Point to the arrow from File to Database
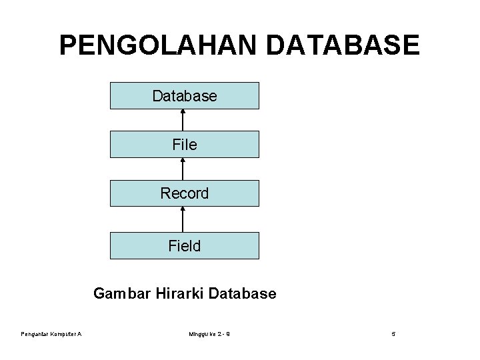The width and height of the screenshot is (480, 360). pyautogui.click(x=183, y=121)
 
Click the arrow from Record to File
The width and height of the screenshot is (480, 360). pyautogui.click(x=183, y=169)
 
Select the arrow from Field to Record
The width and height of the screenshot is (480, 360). pyautogui.click(x=183, y=220)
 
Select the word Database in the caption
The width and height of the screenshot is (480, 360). pyautogui.click(x=243, y=293)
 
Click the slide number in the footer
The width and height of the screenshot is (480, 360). pyautogui.click(x=393, y=334)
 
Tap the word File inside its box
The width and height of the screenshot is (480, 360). pyautogui.click(x=185, y=144)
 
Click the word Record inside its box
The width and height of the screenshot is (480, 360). pyautogui.click(x=185, y=193)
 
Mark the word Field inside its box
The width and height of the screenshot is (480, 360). pyautogui.click(x=185, y=246)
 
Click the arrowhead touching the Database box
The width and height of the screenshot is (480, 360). pyautogui.click(x=183, y=112)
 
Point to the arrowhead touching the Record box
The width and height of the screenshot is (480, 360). pyautogui.click(x=183, y=210)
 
